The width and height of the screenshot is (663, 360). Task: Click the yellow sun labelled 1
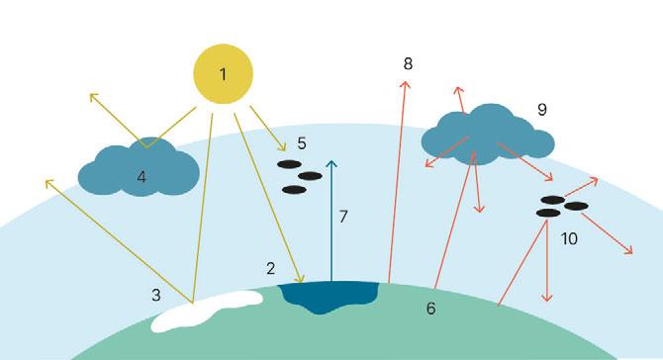pos(224,74)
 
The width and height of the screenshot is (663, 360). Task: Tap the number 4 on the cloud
pos(142,177)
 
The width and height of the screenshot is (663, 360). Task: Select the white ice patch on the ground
pos(207,311)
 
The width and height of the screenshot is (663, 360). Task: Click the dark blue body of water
pos(329,297)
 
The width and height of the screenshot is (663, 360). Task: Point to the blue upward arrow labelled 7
pos(331,221)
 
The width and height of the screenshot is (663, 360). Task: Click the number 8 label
pos(408,64)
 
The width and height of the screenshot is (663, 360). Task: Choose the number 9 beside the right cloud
pos(542,110)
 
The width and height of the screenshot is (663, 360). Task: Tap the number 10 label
pos(569,239)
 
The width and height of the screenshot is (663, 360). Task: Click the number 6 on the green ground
pos(430,309)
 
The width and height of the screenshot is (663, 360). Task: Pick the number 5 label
pos(302,143)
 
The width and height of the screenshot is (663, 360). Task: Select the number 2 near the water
pos(271,268)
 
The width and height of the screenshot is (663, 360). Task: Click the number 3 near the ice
pos(156,295)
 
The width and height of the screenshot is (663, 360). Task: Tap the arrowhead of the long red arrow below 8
pos(405,84)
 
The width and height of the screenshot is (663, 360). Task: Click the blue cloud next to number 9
pos(488,135)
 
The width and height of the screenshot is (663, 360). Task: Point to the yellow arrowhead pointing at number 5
pos(282,147)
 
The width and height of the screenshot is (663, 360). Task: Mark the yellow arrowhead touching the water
pos(300,278)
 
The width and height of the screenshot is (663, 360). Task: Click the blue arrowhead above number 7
pos(331,163)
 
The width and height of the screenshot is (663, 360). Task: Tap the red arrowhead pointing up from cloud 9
pos(458,90)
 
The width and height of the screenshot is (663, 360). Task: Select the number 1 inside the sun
pos(224,74)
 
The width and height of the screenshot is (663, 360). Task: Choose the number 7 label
pos(343,217)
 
